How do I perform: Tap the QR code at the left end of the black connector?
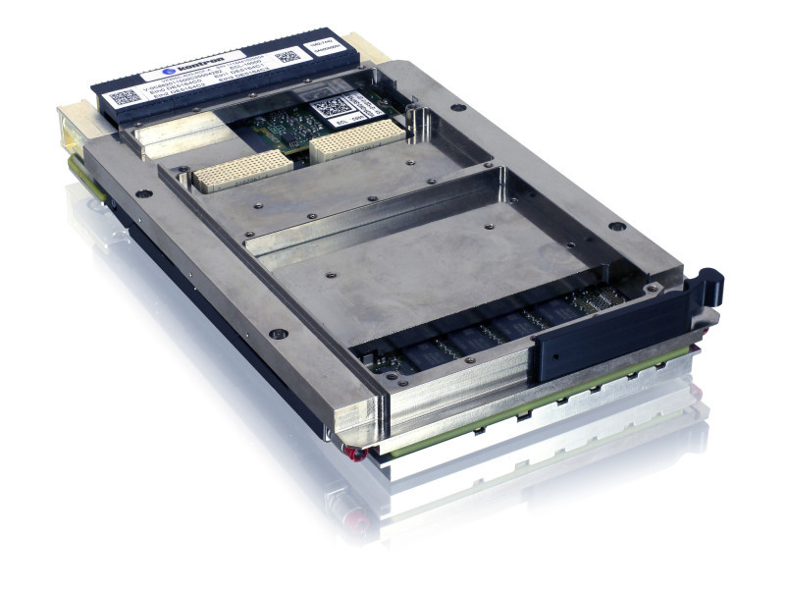coord(124,98)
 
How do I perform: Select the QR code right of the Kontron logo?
coord(286,58)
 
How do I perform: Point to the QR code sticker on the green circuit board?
coord(331,107)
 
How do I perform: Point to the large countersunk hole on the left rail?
coord(278,334)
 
